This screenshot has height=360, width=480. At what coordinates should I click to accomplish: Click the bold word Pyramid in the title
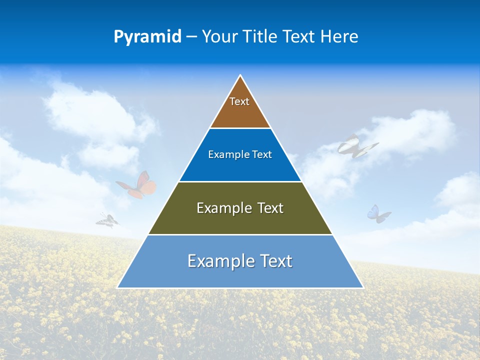(147, 37)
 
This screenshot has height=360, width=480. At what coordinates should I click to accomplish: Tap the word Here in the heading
(339, 36)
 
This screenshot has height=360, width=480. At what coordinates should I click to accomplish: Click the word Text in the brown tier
(239, 101)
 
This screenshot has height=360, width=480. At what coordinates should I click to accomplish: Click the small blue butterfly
(378, 213)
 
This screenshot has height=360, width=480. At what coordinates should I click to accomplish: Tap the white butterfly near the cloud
(356, 146)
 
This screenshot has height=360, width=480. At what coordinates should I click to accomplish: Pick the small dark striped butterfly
(107, 220)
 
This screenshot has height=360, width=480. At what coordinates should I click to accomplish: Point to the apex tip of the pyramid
(240, 75)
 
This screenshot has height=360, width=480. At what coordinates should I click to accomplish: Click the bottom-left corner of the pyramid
(118, 287)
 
